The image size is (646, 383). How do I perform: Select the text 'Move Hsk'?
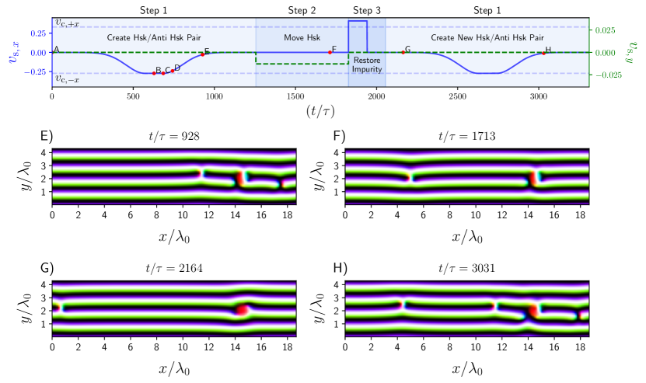pyautogui.click(x=302, y=37)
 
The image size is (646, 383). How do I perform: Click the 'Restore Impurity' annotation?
pyautogui.click(x=366, y=64)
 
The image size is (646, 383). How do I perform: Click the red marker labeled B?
pyautogui.click(x=154, y=73)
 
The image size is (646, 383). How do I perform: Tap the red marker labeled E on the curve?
pyautogui.click(x=203, y=54)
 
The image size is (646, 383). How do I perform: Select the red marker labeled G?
pyautogui.click(x=403, y=52)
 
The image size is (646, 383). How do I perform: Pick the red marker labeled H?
pyautogui.click(x=544, y=53)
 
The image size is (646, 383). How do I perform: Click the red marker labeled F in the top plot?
pyautogui.click(x=330, y=52)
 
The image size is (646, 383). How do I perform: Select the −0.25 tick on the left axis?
pyautogui.click(x=32, y=73)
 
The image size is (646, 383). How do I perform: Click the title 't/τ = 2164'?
pyautogui.click(x=173, y=270)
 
